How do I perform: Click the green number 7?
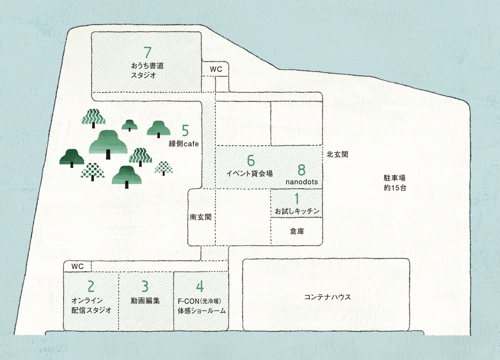coord(148,53)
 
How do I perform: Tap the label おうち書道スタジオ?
coord(147,70)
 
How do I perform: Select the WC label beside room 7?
coord(216,69)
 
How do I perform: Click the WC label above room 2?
coord(77,267)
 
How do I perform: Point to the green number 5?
coord(185,131)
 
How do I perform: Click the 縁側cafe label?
coord(184,144)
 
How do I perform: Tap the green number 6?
coord(251,161)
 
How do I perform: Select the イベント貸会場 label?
coord(250,173)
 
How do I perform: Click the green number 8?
coord(301,170)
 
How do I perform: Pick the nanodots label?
coord(302,182)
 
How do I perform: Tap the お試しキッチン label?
coord(297,211)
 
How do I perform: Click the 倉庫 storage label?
coord(297,231)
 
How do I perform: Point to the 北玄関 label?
coord(337,154)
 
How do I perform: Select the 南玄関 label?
coord(201,217)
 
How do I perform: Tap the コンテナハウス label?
coord(327,297)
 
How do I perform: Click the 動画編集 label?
coord(145,301)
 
